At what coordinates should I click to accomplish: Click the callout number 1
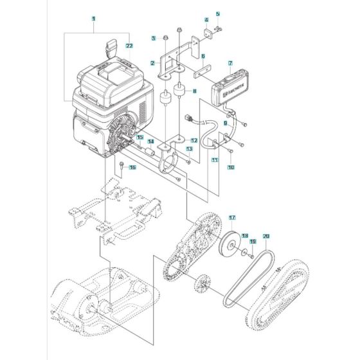pyautogui.click(x=93, y=20)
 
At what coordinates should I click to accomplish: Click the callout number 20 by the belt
pyautogui.click(x=265, y=237)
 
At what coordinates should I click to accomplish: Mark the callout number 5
pyautogui.click(x=217, y=14)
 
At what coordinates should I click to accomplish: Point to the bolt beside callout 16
pyautogui.click(x=121, y=166)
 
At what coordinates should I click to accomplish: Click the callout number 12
pyautogui.click(x=194, y=140)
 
